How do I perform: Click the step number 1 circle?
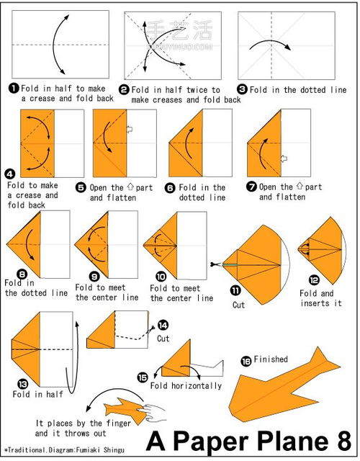point(14,88)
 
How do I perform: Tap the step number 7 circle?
point(251,187)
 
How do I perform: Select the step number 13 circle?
point(22,384)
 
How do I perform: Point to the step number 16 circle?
point(246,361)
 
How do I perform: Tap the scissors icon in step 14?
point(151,328)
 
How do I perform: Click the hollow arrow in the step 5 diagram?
point(130,130)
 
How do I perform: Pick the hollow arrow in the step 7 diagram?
point(284,158)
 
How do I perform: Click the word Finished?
point(271,359)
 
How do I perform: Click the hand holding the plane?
point(153,411)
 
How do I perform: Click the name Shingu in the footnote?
point(114,450)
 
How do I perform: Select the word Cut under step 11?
point(238,305)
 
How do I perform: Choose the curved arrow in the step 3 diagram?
point(270,45)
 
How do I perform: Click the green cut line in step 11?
point(230,264)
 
